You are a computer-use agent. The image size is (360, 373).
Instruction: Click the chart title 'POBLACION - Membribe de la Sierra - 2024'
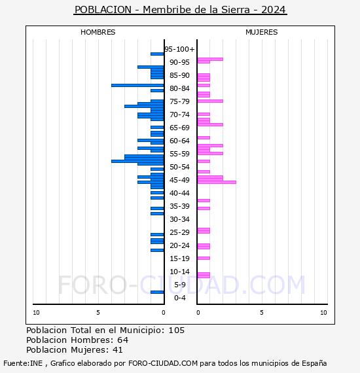pos(180,10)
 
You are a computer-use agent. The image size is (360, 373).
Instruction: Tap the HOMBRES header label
pos(98,32)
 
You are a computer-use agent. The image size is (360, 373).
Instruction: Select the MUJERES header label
pos(261,32)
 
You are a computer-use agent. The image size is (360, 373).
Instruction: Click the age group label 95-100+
pos(179,49)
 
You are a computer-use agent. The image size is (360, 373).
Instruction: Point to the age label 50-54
pos(179,167)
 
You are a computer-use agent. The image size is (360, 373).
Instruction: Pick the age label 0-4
pos(180,298)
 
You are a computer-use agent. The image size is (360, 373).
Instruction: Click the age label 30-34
pos(179,219)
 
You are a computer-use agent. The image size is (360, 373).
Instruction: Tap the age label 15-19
pos(179,258)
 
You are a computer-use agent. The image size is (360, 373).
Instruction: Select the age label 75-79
pos(179,101)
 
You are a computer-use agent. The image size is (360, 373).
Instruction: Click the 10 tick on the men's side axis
pos(36,313)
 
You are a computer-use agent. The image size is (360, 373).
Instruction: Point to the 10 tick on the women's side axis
pos(323,313)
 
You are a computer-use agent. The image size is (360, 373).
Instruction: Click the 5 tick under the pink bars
pos(261,313)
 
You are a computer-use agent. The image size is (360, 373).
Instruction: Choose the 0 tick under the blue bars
pos(164,313)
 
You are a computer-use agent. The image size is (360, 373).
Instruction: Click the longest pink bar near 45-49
pos(217,182)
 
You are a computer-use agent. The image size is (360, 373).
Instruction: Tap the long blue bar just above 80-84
pos(137,85)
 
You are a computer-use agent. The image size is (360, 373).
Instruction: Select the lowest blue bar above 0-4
pos(157,292)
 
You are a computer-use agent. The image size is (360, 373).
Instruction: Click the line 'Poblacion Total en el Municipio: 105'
pos(105,330)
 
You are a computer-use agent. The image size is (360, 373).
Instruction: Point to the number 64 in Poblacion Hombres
pos(122,340)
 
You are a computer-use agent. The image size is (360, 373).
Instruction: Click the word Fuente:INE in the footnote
pos(22,363)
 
